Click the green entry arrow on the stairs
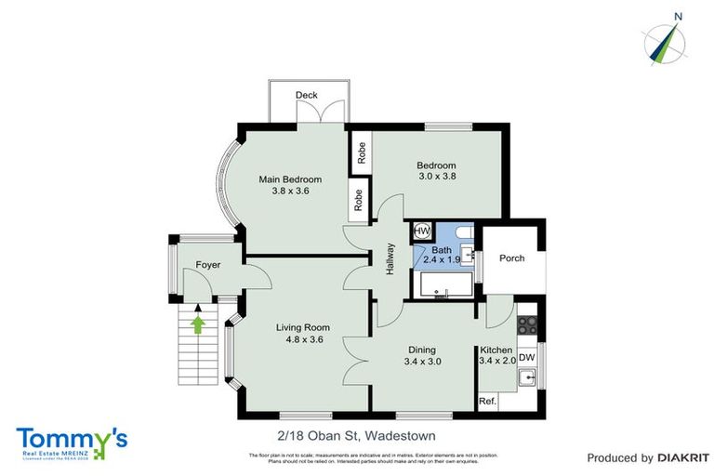pos(197,322)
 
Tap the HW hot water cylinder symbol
pos(420,231)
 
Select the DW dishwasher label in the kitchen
pos(526,357)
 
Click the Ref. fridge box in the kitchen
pos(487,401)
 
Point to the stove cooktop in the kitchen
pos(527,325)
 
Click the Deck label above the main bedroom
pos(306,96)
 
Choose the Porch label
pos(511,258)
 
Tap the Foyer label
pos(208,266)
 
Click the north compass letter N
pos(679,16)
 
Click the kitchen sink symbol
pos(527,377)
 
